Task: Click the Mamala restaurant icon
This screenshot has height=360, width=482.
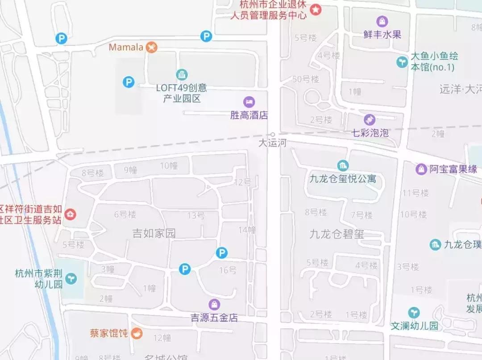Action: click(x=152, y=47)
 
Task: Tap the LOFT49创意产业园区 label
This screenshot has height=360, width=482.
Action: click(x=181, y=93)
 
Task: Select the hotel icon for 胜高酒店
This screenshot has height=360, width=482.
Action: click(x=249, y=102)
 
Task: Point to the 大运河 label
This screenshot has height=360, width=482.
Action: click(x=272, y=143)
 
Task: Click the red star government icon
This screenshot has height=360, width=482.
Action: click(x=316, y=9)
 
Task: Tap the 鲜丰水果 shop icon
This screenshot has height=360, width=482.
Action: click(x=382, y=21)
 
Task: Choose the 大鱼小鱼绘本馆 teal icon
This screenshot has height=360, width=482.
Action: click(x=402, y=62)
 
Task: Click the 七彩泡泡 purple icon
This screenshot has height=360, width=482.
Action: click(x=370, y=120)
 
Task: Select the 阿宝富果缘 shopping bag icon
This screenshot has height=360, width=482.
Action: click(x=421, y=169)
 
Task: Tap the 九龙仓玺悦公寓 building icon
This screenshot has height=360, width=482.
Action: click(x=343, y=166)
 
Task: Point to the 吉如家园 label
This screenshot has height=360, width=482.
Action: click(x=154, y=233)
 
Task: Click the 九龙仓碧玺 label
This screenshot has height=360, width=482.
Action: click(x=337, y=234)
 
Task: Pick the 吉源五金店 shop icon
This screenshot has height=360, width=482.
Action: click(x=215, y=305)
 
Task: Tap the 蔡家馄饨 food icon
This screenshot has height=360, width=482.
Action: click(x=137, y=333)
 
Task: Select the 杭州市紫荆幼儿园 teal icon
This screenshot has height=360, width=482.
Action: click(x=71, y=279)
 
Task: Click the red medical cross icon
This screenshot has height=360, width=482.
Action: click(x=70, y=215)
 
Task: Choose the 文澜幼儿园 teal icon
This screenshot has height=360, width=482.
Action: click(x=414, y=313)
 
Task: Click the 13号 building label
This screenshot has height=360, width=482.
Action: click(x=196, y=216)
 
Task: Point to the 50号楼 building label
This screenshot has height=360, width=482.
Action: click(x=306, y=79)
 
